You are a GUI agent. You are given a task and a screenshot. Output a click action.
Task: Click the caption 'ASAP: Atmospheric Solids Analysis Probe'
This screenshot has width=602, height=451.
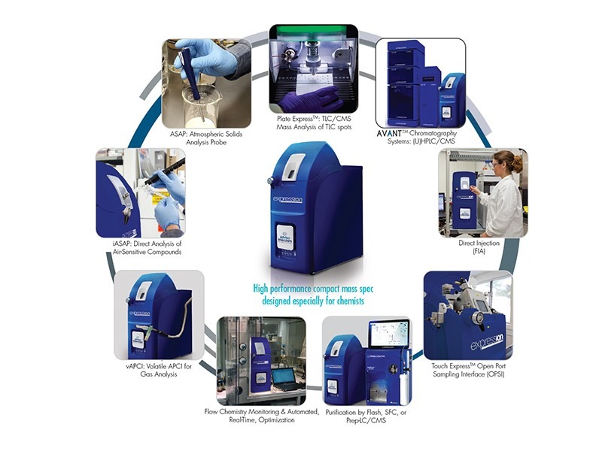206,138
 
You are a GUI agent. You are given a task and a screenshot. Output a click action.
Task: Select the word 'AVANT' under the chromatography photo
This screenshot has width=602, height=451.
389,134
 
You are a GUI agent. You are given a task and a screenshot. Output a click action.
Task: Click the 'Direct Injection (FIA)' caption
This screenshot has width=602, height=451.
479,247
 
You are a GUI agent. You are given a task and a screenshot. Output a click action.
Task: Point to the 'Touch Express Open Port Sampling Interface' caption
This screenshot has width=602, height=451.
468,370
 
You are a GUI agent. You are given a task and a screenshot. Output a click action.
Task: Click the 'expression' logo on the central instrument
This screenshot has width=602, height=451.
287,199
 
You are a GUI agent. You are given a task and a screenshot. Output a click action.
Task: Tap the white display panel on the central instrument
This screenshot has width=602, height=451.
285,237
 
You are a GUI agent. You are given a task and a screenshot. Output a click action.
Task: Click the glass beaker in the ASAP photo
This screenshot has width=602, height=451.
198,105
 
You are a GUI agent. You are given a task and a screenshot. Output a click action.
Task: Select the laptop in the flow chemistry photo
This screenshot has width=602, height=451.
285,379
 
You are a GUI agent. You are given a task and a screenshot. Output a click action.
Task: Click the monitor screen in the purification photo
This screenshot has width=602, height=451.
388,334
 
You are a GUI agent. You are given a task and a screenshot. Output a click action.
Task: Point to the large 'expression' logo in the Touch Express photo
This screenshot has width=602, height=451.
487,342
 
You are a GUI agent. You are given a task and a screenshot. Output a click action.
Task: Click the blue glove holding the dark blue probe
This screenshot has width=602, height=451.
205,58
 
